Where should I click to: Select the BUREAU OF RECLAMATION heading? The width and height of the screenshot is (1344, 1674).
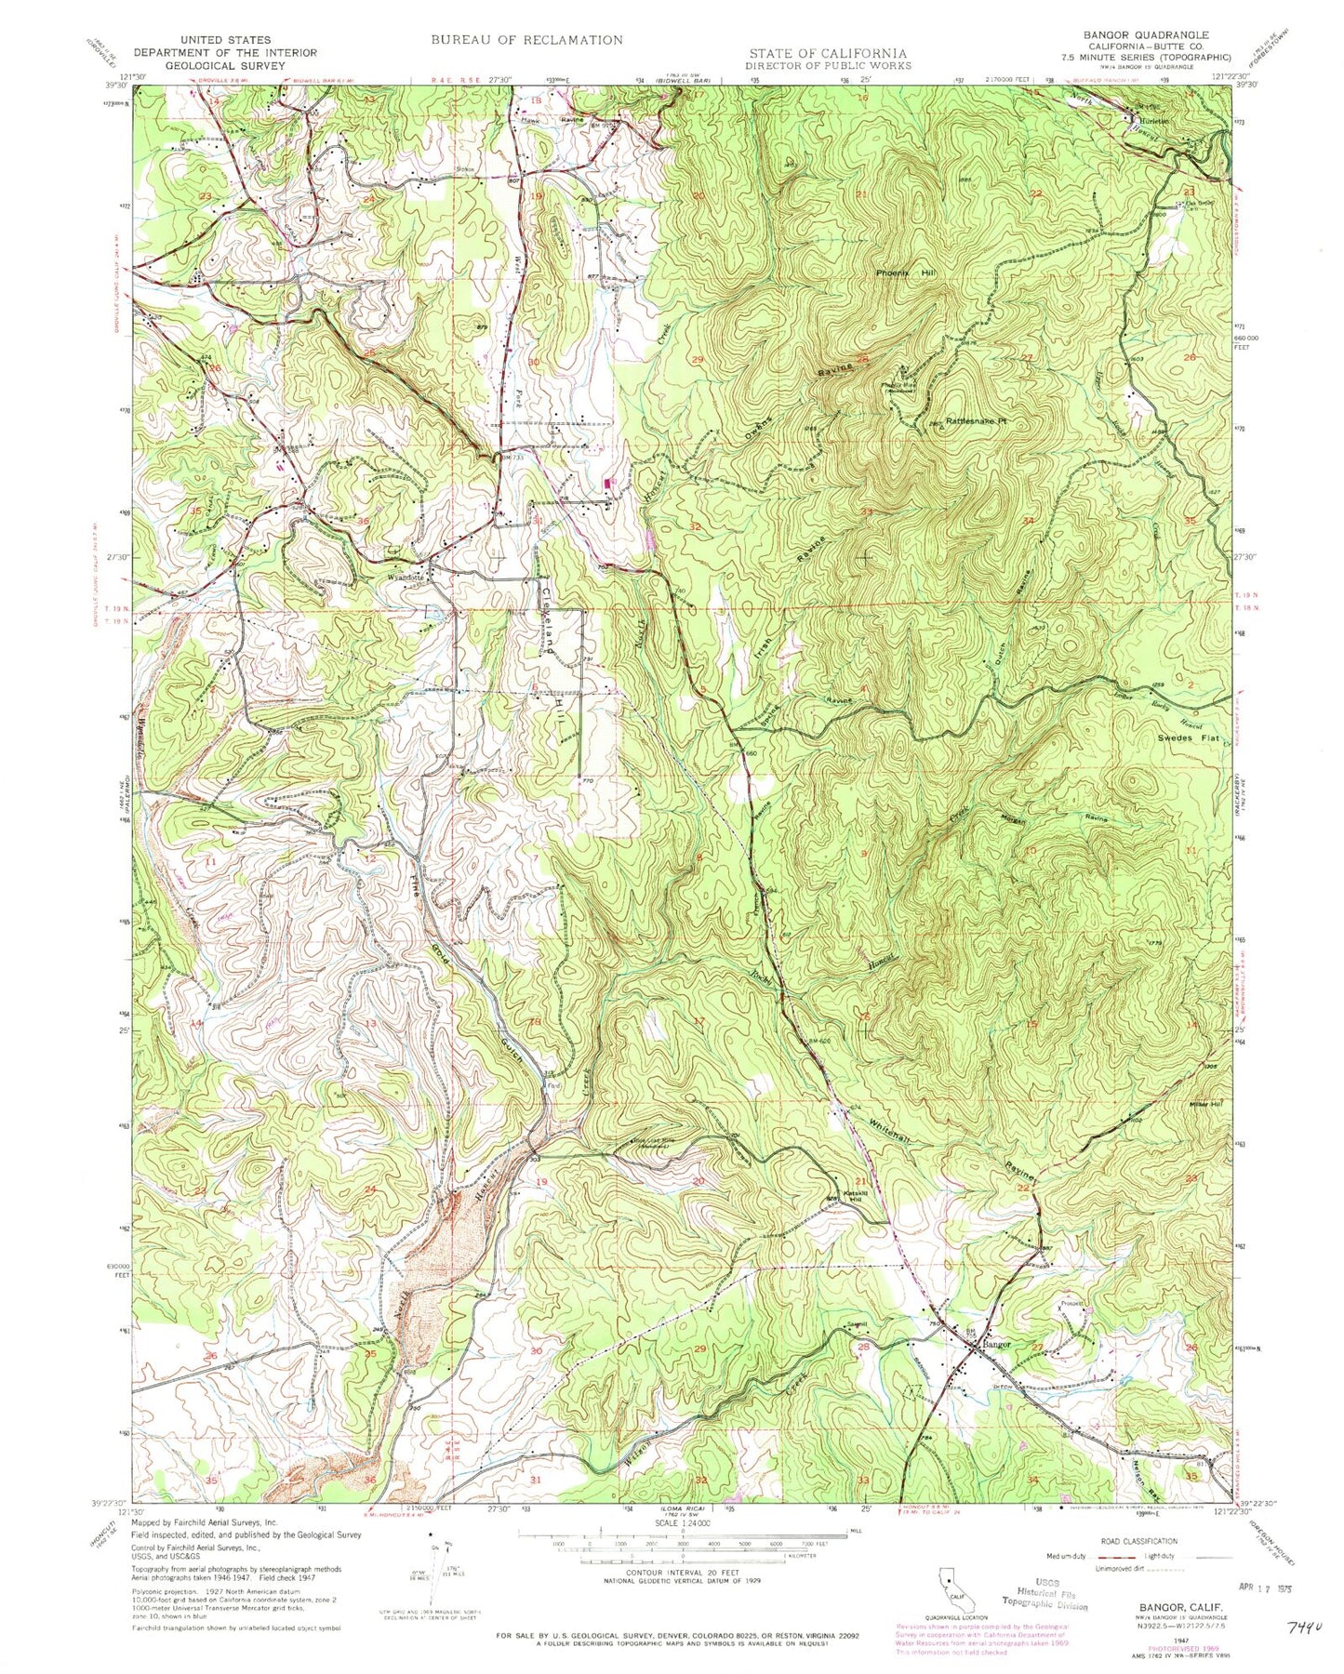pos(526,40)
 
